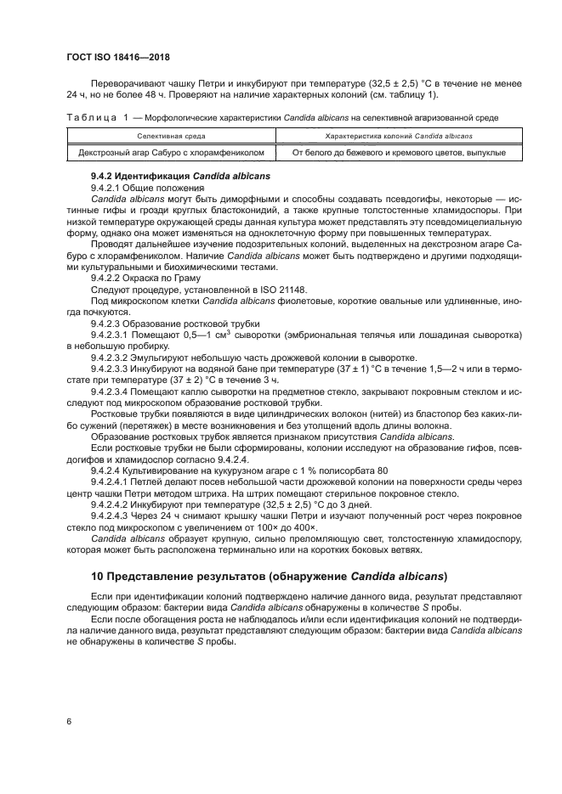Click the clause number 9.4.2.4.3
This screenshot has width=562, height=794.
point(114,514)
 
